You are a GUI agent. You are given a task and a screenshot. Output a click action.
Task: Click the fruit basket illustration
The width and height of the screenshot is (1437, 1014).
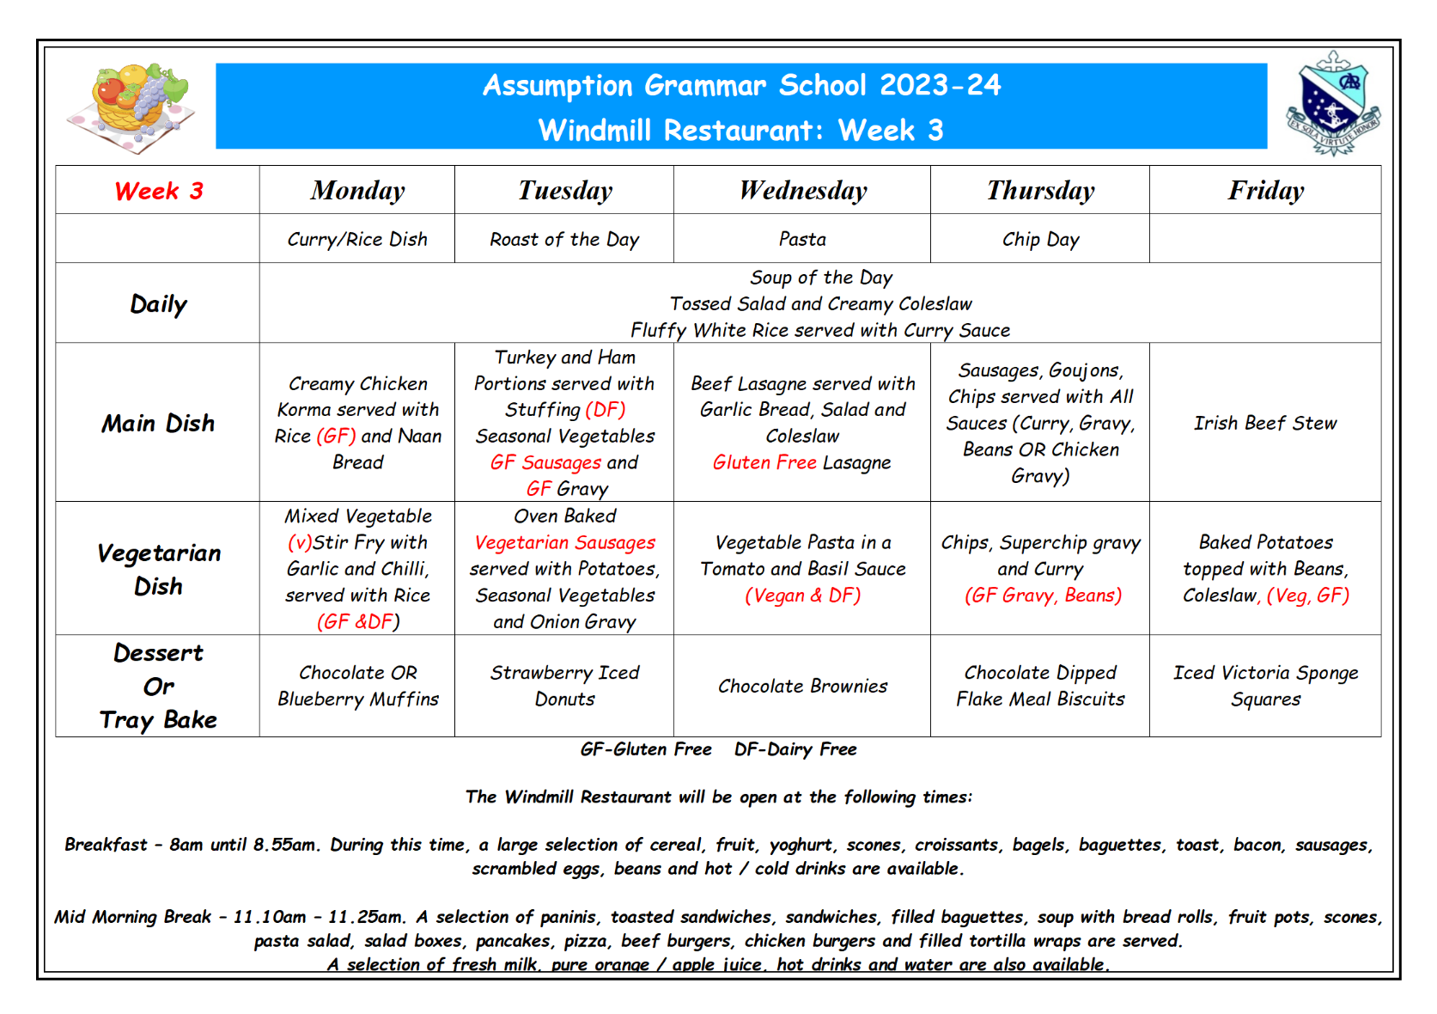tap(133, 107)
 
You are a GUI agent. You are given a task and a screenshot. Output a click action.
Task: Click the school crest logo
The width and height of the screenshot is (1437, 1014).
tap(1332, 104)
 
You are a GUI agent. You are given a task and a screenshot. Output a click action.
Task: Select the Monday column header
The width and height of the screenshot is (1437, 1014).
tap(357, 190)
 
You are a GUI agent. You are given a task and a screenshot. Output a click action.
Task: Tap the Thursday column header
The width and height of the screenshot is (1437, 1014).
tap(1040, 190)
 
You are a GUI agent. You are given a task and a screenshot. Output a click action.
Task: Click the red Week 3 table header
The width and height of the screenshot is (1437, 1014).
tap(159, 191)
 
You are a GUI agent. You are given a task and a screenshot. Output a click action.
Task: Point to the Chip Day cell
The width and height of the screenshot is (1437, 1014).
tap(1040, 240)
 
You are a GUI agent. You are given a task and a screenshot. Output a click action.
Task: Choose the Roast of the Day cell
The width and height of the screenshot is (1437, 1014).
tap(564, 240)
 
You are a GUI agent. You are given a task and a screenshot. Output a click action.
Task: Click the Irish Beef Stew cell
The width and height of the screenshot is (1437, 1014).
tap(1265, 423)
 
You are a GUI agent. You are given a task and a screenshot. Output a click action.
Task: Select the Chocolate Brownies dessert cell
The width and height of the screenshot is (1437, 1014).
tap(802, 686)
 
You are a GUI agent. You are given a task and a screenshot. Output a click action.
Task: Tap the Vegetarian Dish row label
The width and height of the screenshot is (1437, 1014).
tap(159, 569)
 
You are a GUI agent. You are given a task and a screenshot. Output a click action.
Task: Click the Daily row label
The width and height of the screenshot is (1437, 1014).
tap(159, 304)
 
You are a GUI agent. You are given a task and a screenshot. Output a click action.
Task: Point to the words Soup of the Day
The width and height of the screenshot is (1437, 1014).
tap(821, 278)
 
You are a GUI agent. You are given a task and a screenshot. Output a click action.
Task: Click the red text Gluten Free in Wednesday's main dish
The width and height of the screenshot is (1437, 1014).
tap(764, 462)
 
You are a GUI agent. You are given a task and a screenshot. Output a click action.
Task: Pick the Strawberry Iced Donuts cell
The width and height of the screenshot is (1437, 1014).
tap(564, 686)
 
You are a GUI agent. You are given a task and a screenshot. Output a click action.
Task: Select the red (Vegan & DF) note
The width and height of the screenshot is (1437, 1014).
tap(802, 596)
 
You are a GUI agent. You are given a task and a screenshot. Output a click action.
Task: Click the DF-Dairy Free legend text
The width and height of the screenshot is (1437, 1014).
tap(795, 749)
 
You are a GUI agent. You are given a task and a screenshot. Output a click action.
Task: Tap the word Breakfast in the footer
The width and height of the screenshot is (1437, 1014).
tap(106, 845)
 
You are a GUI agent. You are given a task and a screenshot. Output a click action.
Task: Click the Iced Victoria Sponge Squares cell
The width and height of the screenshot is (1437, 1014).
tap(1265, 686)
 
